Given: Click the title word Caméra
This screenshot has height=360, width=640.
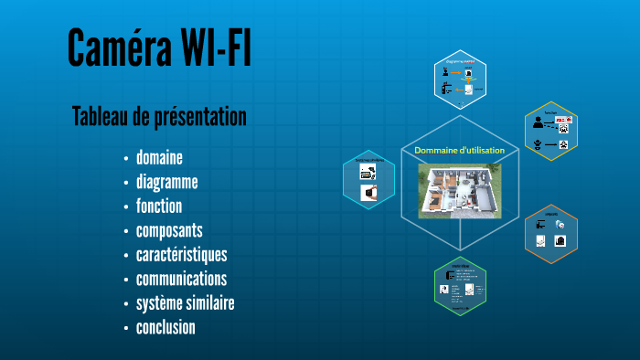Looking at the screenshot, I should click(x=111, y=49).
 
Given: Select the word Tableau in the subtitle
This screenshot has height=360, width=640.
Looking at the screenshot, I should click(x=101, y=117).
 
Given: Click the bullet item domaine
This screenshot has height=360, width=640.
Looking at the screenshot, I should click(x=159, y=156).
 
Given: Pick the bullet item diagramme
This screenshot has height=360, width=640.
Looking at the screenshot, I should click(x=166, y=182).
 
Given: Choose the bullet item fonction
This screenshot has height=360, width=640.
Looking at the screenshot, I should click(x=159, y=206).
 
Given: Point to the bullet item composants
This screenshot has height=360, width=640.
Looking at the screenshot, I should click(x=169, y=230).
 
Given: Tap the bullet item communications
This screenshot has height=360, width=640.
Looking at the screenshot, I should click(x=181, y=279).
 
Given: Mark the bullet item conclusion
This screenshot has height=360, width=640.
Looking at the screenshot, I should click(x=165, y=327).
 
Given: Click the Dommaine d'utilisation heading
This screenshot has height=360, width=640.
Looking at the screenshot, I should click(x=458, y=150).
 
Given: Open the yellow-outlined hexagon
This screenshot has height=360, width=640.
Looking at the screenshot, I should click(x=551, y=132).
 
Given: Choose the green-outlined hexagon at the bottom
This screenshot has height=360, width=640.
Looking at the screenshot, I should click(x=460, y=287).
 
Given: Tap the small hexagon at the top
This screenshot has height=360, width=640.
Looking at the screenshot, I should click(x=460, y=79).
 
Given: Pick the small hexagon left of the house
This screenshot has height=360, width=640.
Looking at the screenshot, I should click(x=368, y=179).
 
